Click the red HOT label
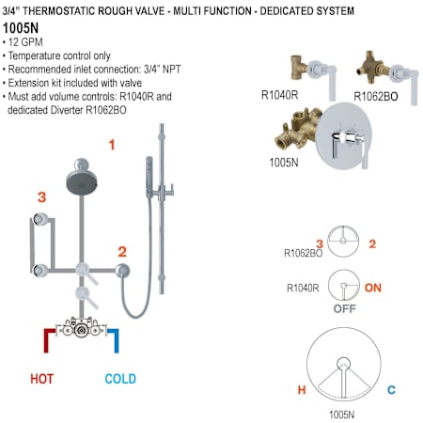42,379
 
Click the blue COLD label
120,379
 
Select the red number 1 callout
112,145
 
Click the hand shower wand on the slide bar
149,177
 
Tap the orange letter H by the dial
302,390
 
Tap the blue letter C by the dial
391,390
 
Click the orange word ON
373,288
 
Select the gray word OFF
345,308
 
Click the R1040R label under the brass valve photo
279,95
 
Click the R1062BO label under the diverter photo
376,96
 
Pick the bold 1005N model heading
21,28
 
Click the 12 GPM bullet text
25,42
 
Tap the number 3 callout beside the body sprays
41,197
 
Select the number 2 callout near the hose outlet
122,252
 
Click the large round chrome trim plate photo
344,136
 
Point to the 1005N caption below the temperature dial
341,415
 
